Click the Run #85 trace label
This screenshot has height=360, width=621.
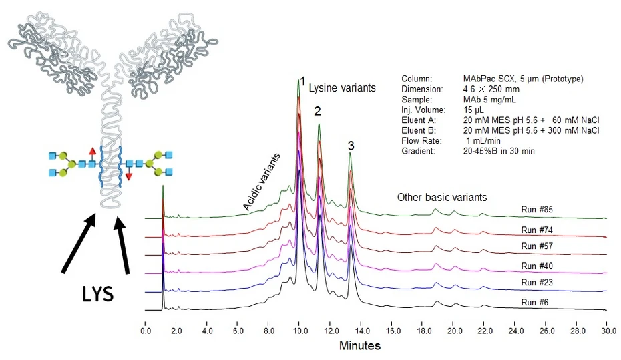[537, 210]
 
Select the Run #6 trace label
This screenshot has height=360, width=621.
[535, 302]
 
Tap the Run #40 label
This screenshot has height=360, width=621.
[537, 266]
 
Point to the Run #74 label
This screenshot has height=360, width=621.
[537, 230]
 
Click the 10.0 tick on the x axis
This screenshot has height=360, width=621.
[300, 331]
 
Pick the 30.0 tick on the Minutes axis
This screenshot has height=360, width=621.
[609, 331]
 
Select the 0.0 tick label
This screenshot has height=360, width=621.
[146, 331]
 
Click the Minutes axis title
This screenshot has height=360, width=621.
[360, 346]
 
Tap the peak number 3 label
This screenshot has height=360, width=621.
[351, 146]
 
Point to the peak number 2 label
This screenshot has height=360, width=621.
[317, 112]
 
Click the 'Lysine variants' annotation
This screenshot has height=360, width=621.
[342, 88]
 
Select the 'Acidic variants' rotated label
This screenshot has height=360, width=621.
[261, 182]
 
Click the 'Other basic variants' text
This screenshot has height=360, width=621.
[442, 197]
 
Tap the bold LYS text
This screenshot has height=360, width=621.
[97, 294]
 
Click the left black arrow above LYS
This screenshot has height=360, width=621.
[78, 242]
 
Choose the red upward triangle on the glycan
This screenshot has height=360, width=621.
[92, 150]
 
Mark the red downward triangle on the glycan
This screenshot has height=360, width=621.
[129, 176]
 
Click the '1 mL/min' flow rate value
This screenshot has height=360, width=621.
[483, 141]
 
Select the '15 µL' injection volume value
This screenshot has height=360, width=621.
[473, 110]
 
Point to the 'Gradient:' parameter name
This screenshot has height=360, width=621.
[418, 151]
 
